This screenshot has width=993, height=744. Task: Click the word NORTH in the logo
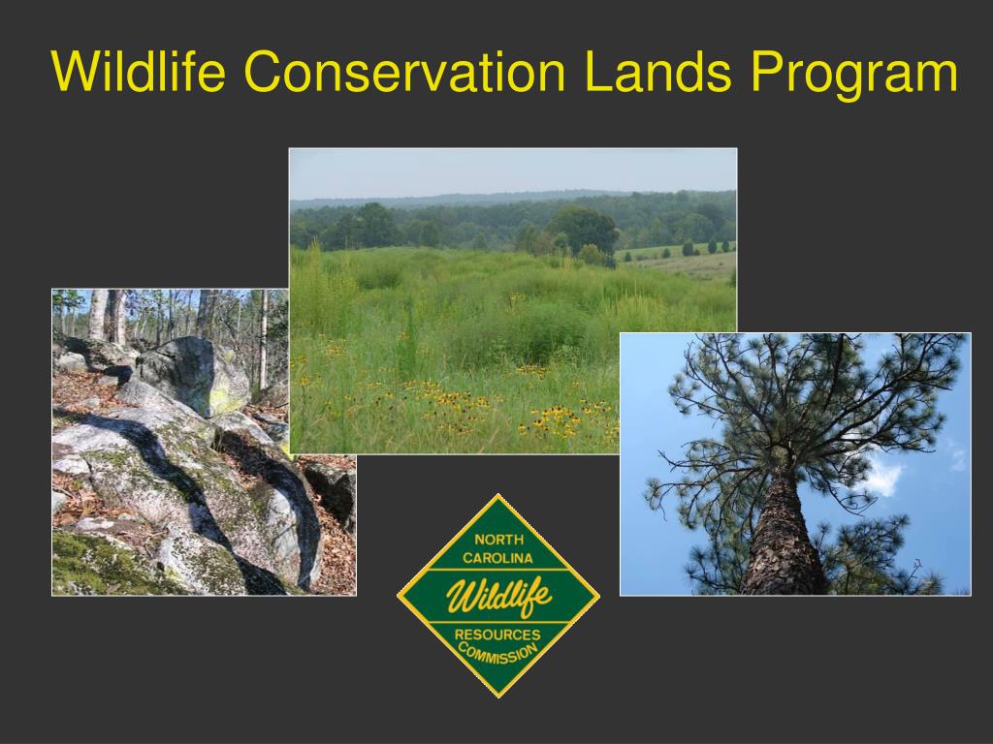[498, 540]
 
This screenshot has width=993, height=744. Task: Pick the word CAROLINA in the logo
[497, 559]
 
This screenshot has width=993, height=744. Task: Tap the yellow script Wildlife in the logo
[497, 595]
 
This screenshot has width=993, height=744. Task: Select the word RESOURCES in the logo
[497, 635]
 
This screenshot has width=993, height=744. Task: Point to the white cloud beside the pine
[882, 475]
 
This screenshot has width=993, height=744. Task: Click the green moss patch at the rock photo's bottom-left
[87, 567]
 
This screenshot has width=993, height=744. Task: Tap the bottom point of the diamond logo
[498, 694]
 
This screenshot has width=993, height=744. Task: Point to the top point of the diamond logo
[498, 497]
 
